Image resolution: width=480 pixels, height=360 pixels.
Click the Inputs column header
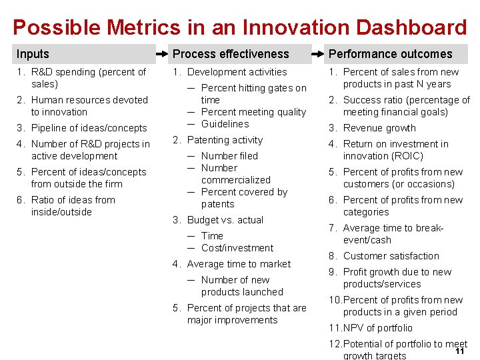pos(33,54)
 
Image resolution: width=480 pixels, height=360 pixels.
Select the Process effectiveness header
pos(231,54)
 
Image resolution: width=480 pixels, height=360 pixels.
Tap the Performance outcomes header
pos(390,54)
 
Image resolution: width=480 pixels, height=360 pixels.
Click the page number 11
pos(459,351)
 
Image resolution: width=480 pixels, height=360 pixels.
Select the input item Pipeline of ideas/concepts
pos(89,128)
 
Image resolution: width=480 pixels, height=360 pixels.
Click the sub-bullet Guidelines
pos(225,124)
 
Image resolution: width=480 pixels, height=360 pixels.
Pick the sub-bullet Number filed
pos(229,156)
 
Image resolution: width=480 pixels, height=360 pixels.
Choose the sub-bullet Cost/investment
pos(237,248)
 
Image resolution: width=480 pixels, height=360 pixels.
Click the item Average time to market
pos(239,264)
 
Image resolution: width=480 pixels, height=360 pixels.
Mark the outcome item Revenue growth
pos(379,128)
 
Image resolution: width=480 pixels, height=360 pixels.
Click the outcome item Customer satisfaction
pos(391,256)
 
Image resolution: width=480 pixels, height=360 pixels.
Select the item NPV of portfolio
pos(377,328)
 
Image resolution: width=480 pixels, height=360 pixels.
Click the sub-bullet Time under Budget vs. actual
pos(212,236)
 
